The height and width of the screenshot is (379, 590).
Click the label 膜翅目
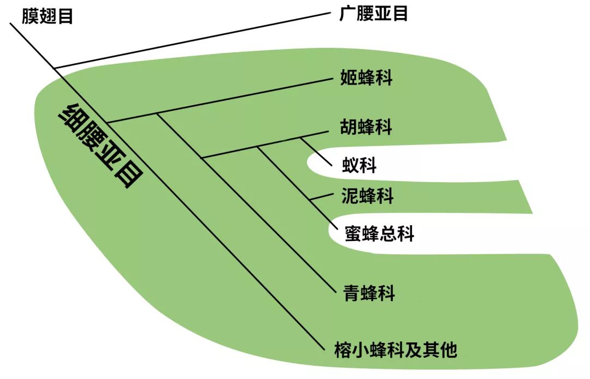tap(47, 15)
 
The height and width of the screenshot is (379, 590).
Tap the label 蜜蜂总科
tap(380, 233)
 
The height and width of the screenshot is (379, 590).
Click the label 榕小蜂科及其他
tap(396, 349)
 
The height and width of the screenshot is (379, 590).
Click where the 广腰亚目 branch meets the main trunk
tap(55, 68)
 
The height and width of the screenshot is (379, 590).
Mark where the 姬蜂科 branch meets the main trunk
tap(108, 122)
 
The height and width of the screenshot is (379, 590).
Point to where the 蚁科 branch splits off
tap(300, 137)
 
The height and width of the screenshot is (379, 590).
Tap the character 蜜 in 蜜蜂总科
tap(352, 233)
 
